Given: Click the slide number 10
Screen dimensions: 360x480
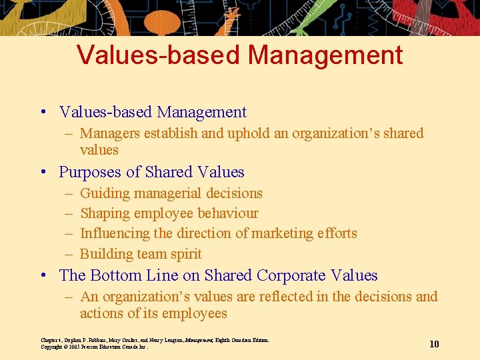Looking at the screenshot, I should click(434, 344).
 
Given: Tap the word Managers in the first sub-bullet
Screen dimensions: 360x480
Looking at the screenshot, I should click(109, 133).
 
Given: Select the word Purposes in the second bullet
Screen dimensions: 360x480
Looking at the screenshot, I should click(89, 172).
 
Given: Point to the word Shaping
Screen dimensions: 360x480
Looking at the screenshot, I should click(105, 214).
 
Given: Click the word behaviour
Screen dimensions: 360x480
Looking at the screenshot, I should click(225, 213).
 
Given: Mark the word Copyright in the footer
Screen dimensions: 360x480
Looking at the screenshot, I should click(52, 347).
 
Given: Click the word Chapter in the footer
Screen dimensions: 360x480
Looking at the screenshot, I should click(51, 340).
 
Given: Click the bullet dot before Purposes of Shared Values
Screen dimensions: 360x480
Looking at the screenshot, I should click(43, 173).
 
